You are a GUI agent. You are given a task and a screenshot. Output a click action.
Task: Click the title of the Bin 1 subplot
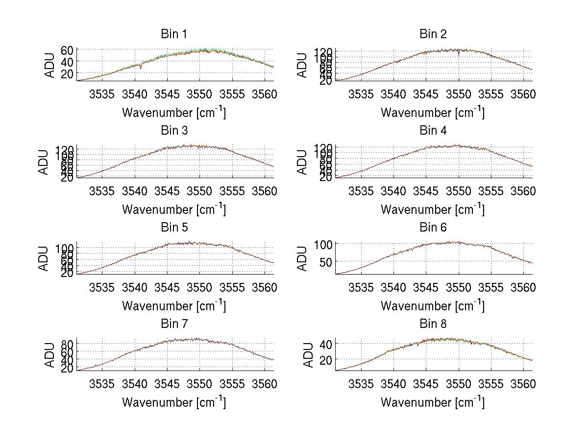coord(174,34)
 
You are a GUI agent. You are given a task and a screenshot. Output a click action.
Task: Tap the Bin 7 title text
coord(174,324)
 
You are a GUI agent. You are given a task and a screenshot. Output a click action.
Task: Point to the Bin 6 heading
coord(433,228)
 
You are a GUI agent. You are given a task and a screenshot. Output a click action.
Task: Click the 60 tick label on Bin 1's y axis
coord(67,50)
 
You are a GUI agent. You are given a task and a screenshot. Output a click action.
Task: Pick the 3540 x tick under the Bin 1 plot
coord(135,94)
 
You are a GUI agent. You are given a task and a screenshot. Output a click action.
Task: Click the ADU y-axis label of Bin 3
coord(44,162)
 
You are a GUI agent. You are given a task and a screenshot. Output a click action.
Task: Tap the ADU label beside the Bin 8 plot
coord(308,355)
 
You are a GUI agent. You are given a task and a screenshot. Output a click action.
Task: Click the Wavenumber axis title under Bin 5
coord(174,306)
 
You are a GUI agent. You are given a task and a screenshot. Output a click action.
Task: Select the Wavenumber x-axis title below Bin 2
coord(433,113)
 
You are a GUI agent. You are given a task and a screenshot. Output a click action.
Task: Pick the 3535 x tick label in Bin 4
coord(361,191)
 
